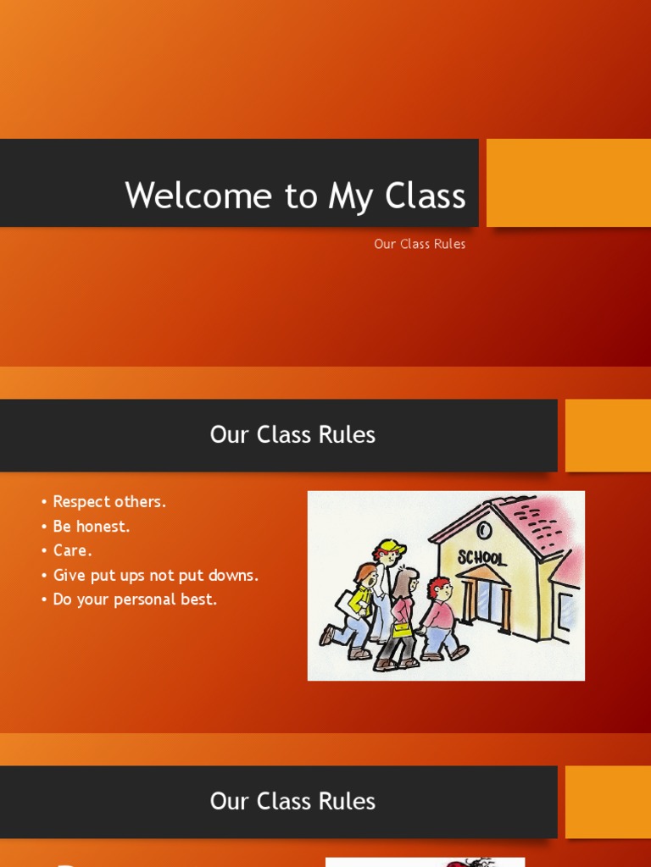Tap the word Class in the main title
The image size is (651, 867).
(x=426, y=196)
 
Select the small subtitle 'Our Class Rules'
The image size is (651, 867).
(x=420, y=244)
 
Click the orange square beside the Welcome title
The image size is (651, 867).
(x=568, y=182)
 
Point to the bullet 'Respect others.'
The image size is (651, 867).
(x=109, y=502)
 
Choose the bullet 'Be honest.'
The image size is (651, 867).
(x=92, y=527)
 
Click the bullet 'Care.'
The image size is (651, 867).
(x=73, y=550)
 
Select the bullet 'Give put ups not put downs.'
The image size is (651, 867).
(x=155, y=576)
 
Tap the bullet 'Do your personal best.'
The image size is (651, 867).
(x=135, y=599)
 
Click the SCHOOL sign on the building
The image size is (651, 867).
(x=481, y=557)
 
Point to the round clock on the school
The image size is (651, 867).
(x=484, y=530)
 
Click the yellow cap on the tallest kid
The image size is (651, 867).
(x=392, y=546)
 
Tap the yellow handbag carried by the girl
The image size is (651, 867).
(x=401, y=631)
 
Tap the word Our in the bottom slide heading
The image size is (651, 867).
(x=228, y=802)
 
